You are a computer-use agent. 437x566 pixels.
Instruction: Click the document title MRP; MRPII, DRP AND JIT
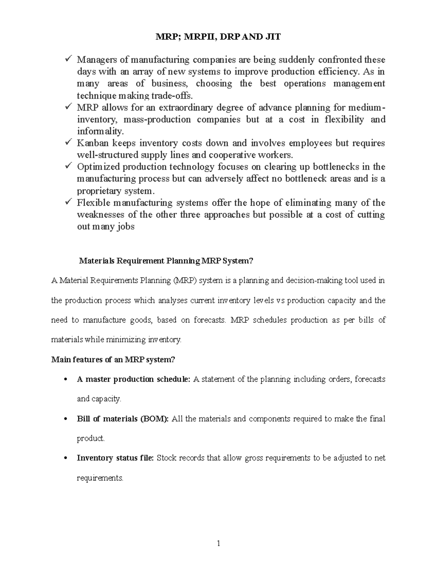[219, 37]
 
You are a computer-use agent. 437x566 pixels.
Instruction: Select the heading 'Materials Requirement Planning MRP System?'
[166, 261]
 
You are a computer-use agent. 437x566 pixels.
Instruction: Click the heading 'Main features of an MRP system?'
[113, 360]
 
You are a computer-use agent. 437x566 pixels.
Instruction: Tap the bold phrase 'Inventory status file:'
[115, 458]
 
